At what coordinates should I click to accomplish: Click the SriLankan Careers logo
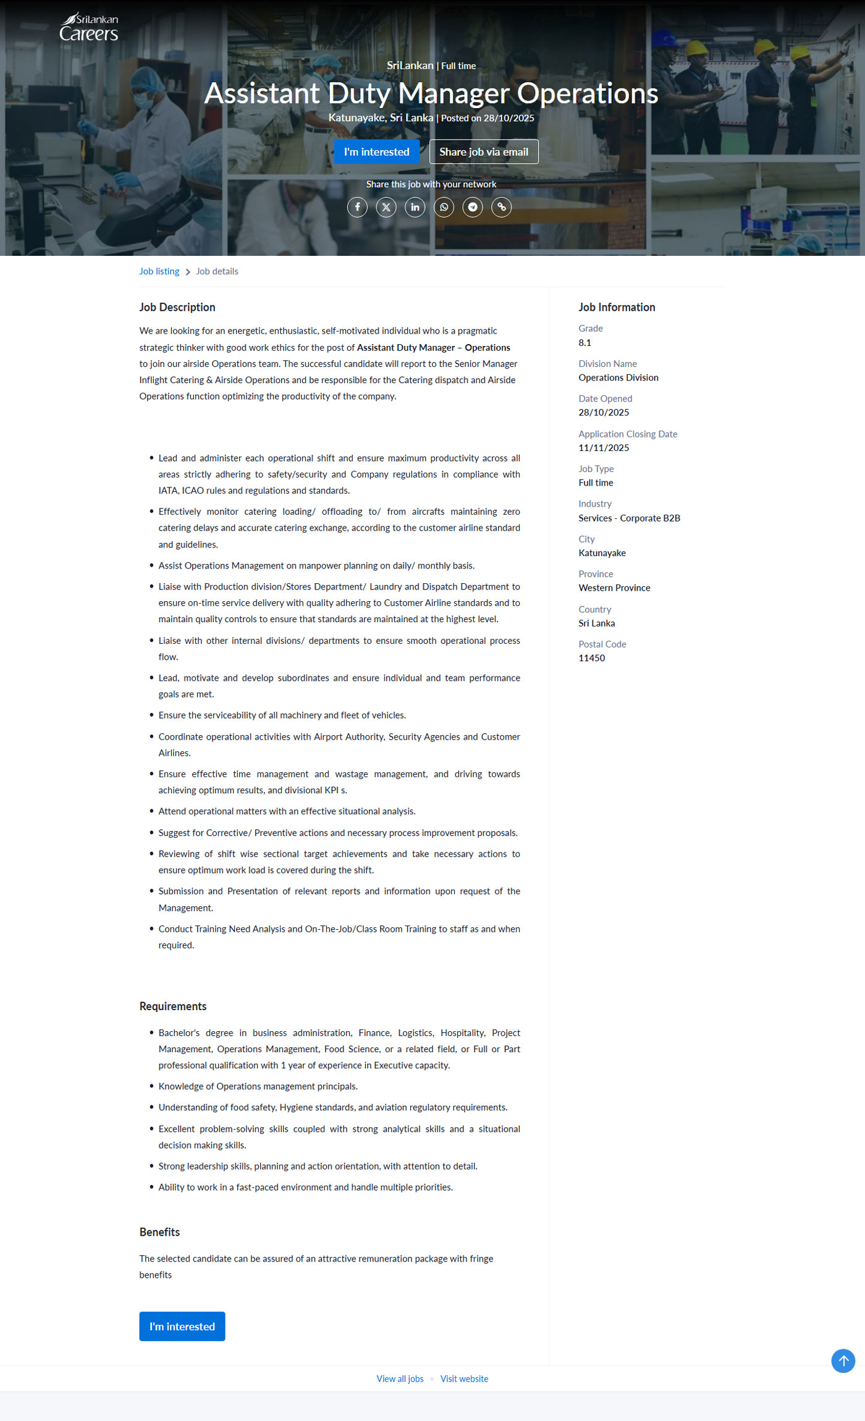click(x=89, y=28)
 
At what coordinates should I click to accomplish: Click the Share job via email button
click(x=483, y=152)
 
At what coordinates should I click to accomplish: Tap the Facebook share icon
click(x=357, y=207)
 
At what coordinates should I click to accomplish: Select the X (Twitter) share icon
click(x=386, y=207)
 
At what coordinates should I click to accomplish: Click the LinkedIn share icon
click(x=415, y=207)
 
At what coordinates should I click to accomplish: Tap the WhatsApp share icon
click(x=444, y=207)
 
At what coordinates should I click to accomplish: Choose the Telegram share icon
click(x=473, y=207)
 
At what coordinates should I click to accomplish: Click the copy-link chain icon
click(x=501, y=207)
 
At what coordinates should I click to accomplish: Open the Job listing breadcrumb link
click(x=159, y=271)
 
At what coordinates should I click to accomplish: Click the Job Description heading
click(x=177, y=307)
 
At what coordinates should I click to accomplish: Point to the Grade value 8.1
click(x=584, y=343)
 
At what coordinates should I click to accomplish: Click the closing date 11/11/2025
click(x=604, y=448)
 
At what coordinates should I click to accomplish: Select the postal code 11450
click(x=591, y=658)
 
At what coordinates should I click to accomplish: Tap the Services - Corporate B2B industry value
click(x=629, y=518)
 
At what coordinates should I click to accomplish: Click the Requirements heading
click(x=173, y=1006)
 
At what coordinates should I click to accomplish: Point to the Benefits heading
click(x=159, y=1232)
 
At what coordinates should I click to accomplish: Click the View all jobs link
click(x=400, y=1379)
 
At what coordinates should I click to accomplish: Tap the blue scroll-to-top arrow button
click(x=843, y=1360)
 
